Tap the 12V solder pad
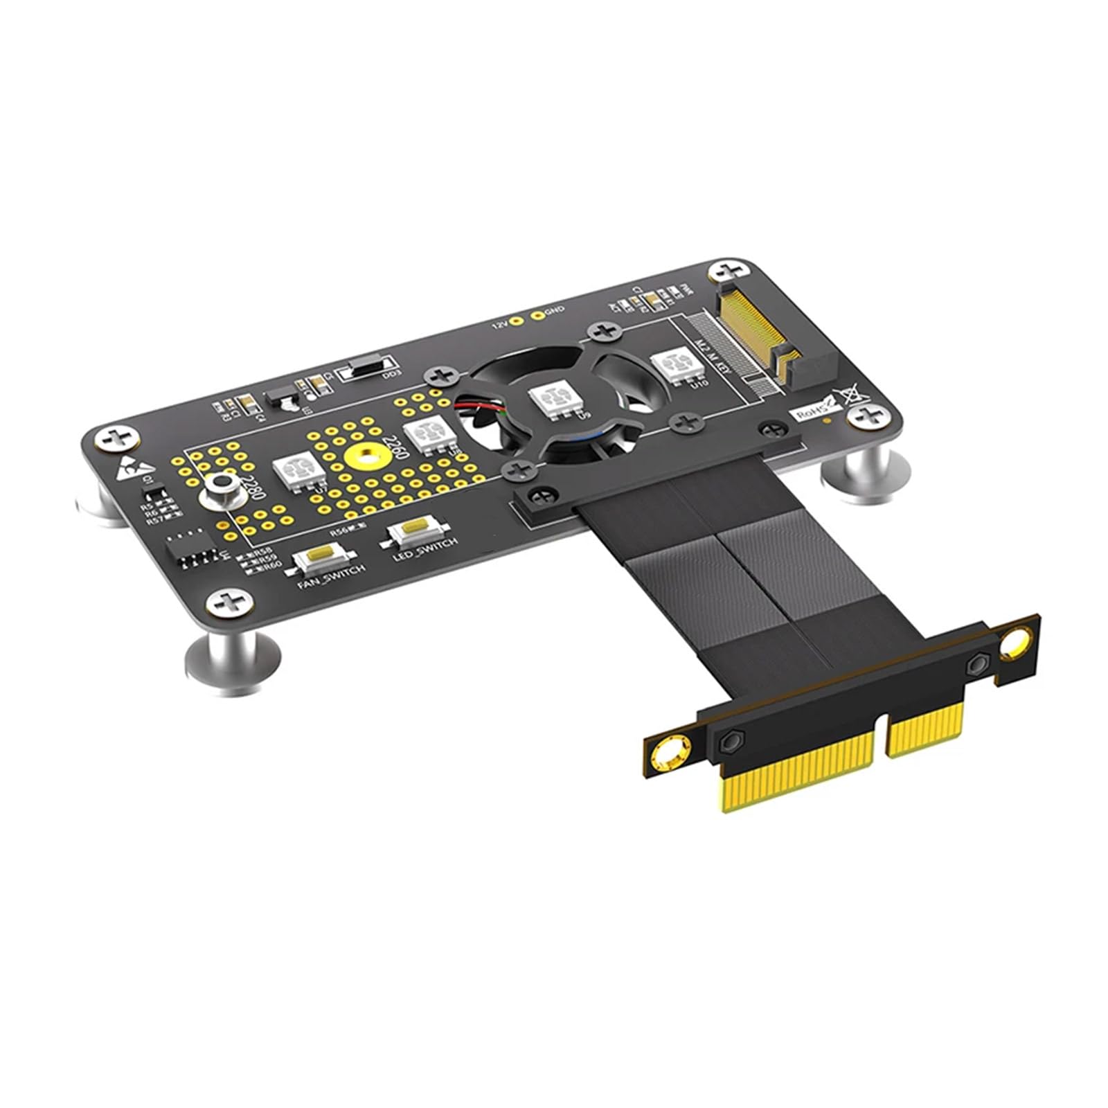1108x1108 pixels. pos(517,321)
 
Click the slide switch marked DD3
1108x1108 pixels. pos(366,370)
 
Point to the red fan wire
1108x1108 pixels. pos(478,402)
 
